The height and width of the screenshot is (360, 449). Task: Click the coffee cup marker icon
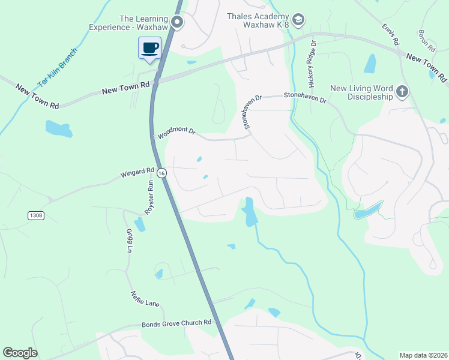pyautogui.click(x=149, y=47)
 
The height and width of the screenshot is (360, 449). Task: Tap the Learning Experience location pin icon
pyautogui.click(x=177, y=23)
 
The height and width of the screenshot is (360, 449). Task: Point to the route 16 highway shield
pyautogui.click(x=161, y=173)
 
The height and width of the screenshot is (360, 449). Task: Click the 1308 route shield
pyautogui.click(x=35, y=215)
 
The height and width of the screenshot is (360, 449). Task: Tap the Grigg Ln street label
pyautogui.click(x=129, y=240)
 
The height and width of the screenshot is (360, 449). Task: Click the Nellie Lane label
pyautogui.click(x=145, y=298)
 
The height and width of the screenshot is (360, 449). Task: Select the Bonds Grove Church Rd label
pyautogui.click(x=176, y=323)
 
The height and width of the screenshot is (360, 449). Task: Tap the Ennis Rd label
pyautogui.click(x=390, y=35)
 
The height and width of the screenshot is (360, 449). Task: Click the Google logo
pyautogui.click(x=20, y=353)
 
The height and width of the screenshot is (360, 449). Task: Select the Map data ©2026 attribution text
pyautogui.click(x=423, y=355)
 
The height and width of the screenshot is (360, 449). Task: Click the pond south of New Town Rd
pyautogui.click(x=58, y=127)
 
